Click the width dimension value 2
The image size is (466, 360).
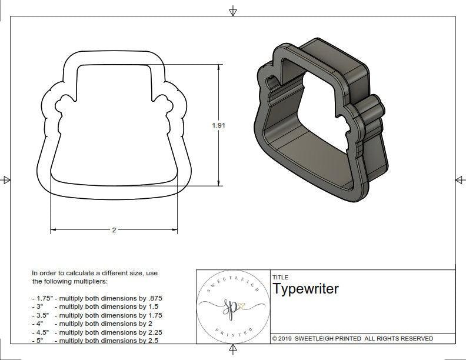[114, 230]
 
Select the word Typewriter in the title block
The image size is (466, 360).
[305, 289]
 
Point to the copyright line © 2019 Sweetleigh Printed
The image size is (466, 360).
[352, 338]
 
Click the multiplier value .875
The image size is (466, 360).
[161, 298]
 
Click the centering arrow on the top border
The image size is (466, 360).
[234, 11]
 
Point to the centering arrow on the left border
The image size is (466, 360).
[6, 179]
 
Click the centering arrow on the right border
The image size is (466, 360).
[460, 179]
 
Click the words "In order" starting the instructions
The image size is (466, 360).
[44, 274]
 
